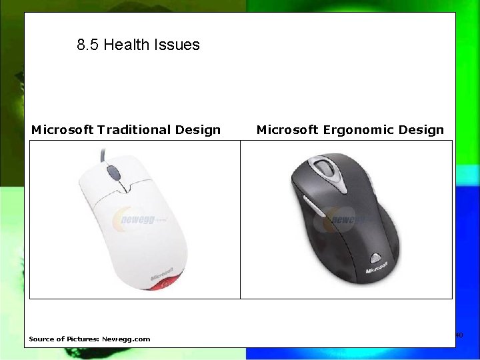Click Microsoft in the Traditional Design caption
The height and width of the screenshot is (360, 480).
click(x=62, y=130)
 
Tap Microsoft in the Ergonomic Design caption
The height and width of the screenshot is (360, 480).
click(x=287, y=130)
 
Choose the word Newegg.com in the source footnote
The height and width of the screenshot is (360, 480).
click(x=126, y=339)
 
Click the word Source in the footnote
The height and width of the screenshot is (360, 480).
click(x=41, y=339)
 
